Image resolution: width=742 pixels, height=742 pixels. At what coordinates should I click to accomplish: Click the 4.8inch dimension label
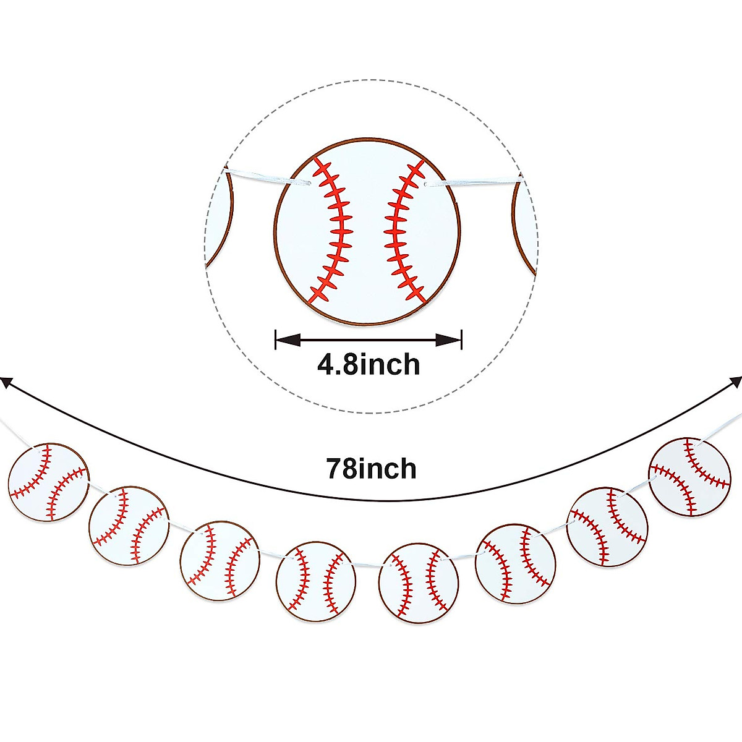369,364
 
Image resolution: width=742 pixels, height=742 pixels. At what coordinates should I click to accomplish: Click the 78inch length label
371,469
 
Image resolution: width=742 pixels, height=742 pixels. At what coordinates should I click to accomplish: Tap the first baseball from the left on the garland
49,482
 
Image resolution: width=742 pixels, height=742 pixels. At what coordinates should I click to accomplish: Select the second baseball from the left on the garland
129,525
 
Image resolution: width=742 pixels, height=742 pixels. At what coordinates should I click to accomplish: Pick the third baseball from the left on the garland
220,561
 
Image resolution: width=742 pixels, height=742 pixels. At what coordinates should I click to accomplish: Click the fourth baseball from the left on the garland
316,581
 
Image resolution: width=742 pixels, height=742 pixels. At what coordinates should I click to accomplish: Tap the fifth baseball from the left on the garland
419,582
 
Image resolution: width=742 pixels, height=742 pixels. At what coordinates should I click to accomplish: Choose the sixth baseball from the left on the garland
516,563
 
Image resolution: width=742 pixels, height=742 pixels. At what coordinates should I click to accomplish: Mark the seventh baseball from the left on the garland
608,527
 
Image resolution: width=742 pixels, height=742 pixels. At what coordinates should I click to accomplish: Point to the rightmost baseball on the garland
690,477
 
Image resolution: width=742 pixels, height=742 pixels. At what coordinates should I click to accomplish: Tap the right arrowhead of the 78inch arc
736,382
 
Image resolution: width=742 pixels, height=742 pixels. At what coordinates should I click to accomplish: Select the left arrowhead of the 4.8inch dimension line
288,339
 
